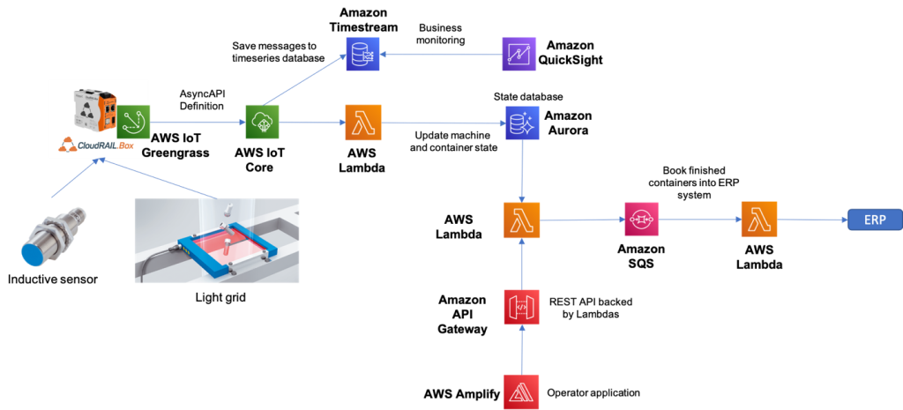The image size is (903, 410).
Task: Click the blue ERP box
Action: [x=875, y=220]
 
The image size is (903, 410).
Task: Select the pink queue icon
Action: [x=642, y=219]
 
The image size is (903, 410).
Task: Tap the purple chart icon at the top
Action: [x=519, y=54]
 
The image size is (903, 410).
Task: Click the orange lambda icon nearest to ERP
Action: [x=758, y=220]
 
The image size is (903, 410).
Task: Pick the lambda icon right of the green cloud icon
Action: [x=362, y=123]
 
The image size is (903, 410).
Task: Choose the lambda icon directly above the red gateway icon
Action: [x=522, y=220]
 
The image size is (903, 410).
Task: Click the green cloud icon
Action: [x=262, y=122]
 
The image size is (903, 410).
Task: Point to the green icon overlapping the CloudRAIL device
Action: [x=134, y=122]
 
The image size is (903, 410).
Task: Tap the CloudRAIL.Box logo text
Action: [x=99, y=146]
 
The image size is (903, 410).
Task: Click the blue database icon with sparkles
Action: [x=522, y=123]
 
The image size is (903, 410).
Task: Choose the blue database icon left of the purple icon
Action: [x=362, y=54]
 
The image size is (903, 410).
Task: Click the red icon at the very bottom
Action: [x=522, y=391]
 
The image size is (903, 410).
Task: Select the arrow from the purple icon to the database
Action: [x=441, y=54]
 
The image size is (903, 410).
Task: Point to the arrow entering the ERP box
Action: [x=812, y=220]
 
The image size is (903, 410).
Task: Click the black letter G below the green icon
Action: [x=146, y=153]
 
